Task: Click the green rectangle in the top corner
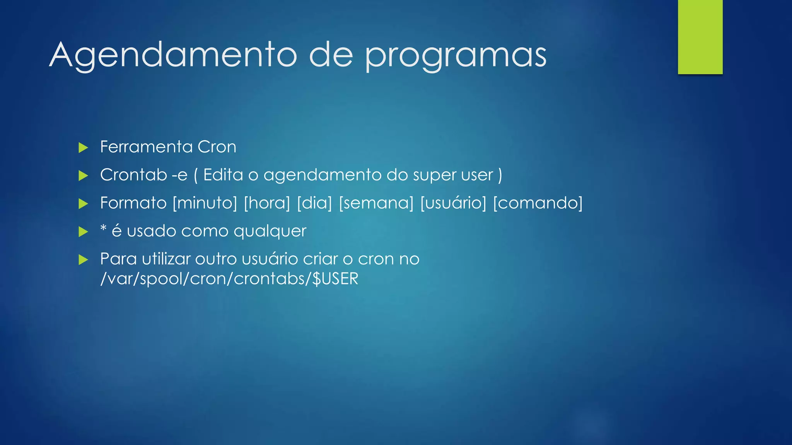tap(700, 37)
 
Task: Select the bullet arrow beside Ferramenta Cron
tap(83, 148)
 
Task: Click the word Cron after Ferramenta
tap(217, 147)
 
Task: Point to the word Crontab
tap(133, 175)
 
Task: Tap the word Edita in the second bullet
tap(223, 175)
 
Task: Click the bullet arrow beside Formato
tap(83, 204)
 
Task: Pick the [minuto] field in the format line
tap(205, 203)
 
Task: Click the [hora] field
tap(267, 203)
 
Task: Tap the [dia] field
tap(314, 203)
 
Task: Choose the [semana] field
tap(376, 203)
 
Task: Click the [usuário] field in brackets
tap(453, 203)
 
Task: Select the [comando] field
tap(538, 203)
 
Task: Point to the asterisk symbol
tap(103, 228)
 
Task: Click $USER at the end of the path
tap(335, 279)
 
